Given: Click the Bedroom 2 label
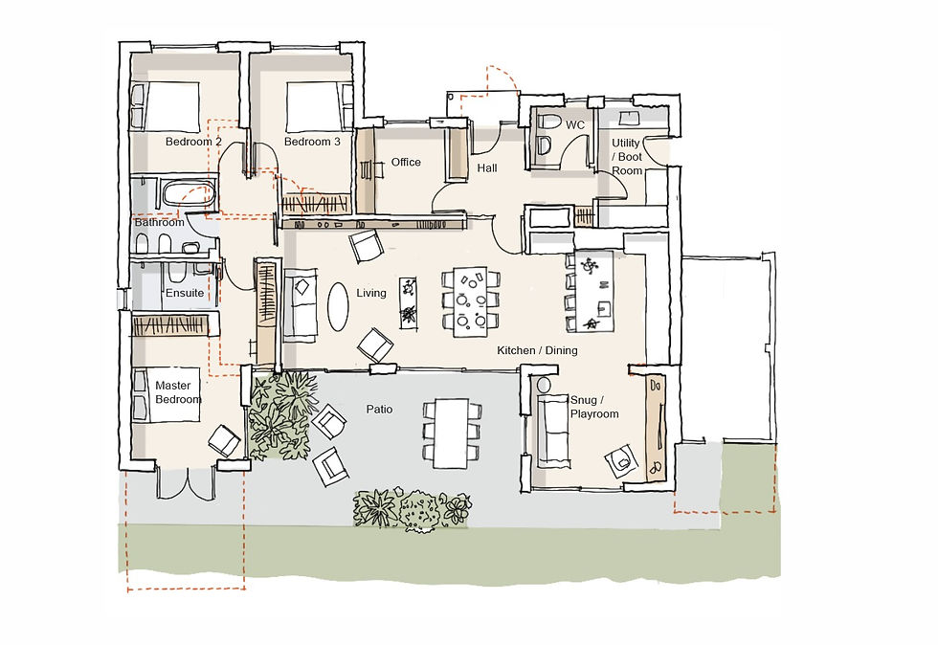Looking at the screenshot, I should click(x=193, y=142).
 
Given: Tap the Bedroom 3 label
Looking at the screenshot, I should click(x=312, y=142).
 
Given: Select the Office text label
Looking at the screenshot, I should click(x=406, y=162).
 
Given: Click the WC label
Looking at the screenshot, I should click(x=574, y=125).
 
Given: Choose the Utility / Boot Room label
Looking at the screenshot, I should click(x=627, y=157).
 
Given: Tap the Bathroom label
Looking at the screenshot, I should click(x=159, y=222).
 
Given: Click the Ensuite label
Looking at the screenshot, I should click(x=185, y=293).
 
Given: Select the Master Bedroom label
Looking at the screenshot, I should click(x=178, y=392).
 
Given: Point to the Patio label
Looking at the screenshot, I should click(x=379, y=410).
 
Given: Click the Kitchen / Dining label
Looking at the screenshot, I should click(x=537, y=350).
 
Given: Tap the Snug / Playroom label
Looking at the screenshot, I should click(x=594, y=407).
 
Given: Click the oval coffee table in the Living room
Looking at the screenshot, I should click(x=339, y=306).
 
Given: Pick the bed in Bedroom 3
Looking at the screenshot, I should click(x=314, y=104).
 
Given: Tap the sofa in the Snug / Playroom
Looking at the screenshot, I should click(x=552, y=430).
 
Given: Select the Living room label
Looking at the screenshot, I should click(x=370, y=293).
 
